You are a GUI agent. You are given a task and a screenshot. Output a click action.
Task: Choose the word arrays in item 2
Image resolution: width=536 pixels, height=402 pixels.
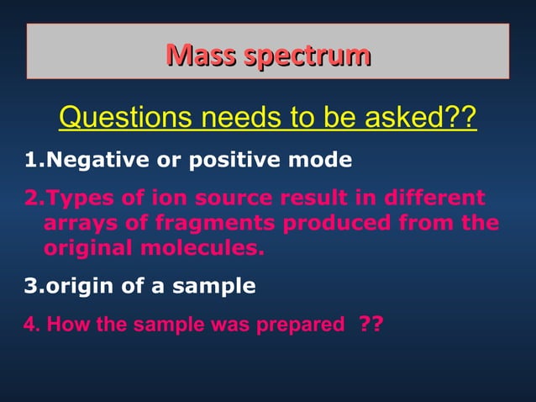pos(79,224)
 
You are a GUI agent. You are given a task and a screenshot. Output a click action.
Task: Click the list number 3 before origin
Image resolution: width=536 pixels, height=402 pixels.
pos(31,286)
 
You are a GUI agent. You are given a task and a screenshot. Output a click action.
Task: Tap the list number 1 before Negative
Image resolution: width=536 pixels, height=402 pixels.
pos(30,159)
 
